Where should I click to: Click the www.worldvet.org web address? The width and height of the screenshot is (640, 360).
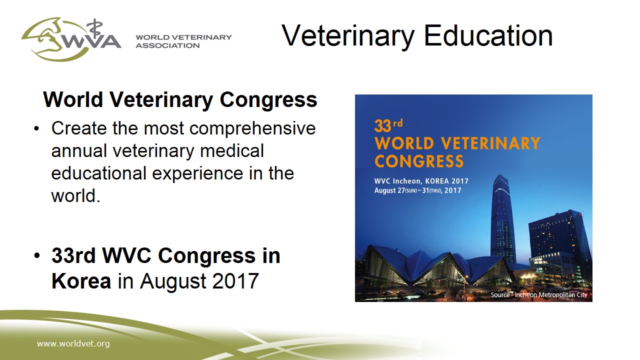pos(73,343)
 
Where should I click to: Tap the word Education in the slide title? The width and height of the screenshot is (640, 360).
pos(488,35)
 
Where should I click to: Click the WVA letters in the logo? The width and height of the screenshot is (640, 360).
pos(91,41)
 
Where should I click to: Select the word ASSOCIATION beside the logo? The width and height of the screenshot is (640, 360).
pos(167,45)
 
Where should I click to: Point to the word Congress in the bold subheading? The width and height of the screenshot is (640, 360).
pos(268,100)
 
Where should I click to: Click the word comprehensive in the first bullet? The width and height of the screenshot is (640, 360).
pos(252,128)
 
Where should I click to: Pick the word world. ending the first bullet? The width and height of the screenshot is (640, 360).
pos(75,195)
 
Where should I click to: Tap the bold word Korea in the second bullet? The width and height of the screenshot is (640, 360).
pos(81,281)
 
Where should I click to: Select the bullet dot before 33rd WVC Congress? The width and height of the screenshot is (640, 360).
pos(37,255)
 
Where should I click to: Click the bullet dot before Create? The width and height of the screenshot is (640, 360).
pos(36,128)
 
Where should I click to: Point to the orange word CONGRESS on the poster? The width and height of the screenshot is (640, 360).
pos(419,161)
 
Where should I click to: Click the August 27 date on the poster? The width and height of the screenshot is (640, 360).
pos(389,190)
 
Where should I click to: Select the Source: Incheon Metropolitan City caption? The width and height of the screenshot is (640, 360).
pos(538,294)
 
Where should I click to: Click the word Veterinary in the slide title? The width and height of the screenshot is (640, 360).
pos(348,36)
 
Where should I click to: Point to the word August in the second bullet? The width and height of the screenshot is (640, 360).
pos(172,281)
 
